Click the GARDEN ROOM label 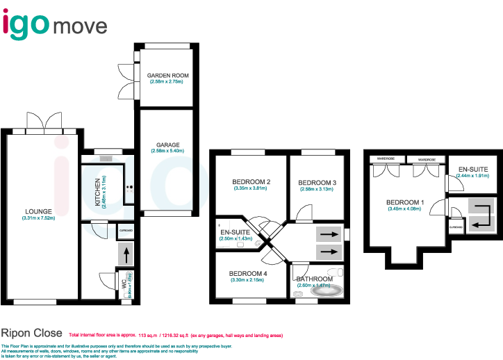point(167,76)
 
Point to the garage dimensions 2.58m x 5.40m point(167,151)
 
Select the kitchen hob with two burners point(129,187)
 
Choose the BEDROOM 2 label point(251,182)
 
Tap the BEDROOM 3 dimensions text point(318,189)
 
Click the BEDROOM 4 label point(248,273)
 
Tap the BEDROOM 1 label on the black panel point(406,202)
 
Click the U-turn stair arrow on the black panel point(481,215)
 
